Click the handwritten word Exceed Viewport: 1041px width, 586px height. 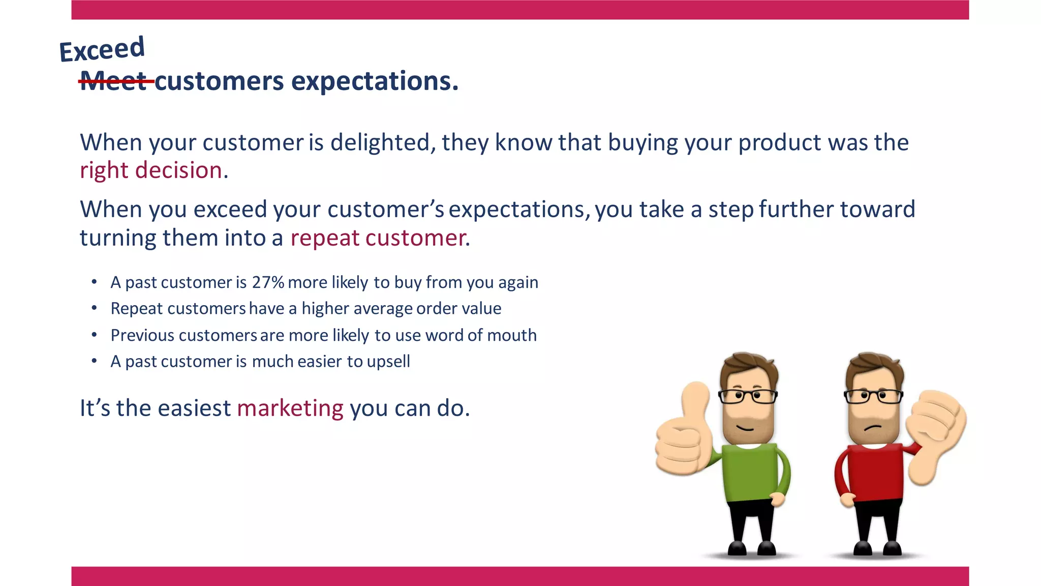(102, 50)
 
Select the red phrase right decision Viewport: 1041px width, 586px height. (151, 170)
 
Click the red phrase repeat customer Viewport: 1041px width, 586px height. (378, 238)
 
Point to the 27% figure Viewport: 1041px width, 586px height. (268, 282)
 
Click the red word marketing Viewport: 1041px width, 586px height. (290, 408)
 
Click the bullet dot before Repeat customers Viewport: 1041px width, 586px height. (94, 308)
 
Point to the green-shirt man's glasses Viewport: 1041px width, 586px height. (747, 396)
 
